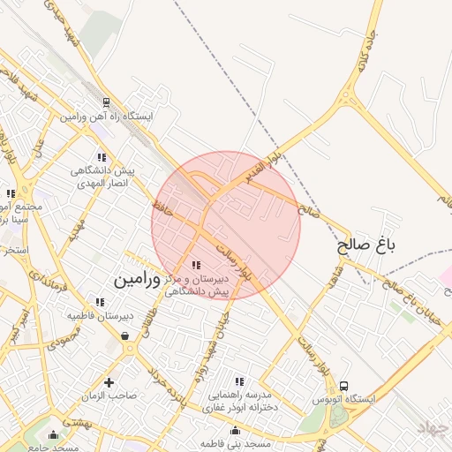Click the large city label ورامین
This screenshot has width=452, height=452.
coord(138,280)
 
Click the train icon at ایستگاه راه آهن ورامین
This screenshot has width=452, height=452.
coord(106,102)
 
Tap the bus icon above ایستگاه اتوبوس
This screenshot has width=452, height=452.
coord(343,386)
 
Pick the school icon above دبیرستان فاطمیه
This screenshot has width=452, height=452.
coord(100,302)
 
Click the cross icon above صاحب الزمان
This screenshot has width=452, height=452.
coord(109,382)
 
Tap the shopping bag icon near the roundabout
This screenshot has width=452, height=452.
coord(124,336)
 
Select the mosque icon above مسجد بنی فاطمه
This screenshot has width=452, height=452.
coord(236,431)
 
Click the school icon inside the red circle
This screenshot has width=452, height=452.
coord(196,265)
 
